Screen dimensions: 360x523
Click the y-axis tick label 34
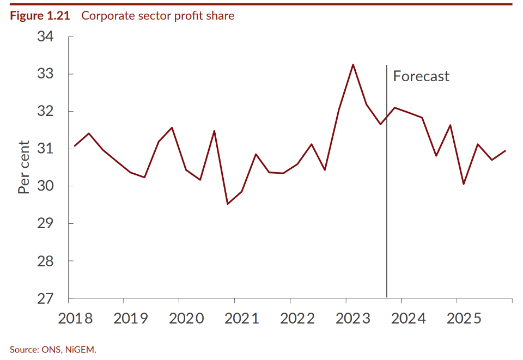[x=46, y=36]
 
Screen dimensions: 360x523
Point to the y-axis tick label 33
[x=46, y=74]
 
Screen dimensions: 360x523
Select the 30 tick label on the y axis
[x=46, y=186]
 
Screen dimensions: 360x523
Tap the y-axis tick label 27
[x=46, y=298]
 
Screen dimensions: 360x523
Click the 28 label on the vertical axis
[x=46, y=261]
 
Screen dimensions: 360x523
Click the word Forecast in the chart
[x=421, y=76]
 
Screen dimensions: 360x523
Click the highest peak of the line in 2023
[x=353, y=64]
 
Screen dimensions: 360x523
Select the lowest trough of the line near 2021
[x=228, y=204]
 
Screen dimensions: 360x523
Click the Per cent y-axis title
[x=24, y=167]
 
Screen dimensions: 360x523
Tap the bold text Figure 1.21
[x=40, y=16]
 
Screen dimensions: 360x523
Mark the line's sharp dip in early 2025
[x=464, y=184]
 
